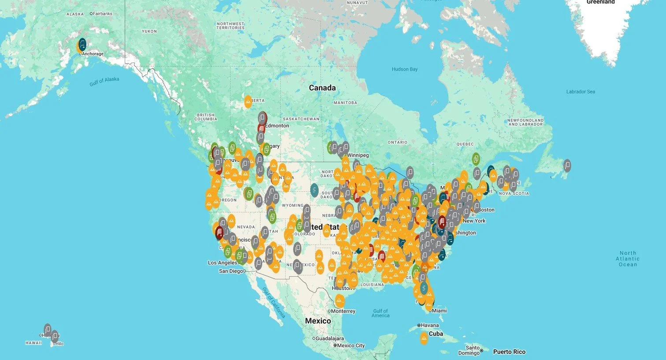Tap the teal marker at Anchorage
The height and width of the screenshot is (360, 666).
[x=82, y=44]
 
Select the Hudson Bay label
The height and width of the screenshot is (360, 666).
[x=405, y=69]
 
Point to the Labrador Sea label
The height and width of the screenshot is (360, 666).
[x=580, y=92]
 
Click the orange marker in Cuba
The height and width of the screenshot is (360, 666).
[x=424, y=338]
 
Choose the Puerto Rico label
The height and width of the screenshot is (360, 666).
[x=509, y=352]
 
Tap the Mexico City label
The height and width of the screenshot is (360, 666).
[x=351, y=345]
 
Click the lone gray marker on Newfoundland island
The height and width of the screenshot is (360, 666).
[x=567, y=165]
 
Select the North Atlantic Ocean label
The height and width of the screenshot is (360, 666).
[x=628, y=259]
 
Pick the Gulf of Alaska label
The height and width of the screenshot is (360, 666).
[x=104, y=82]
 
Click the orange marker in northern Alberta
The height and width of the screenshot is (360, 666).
[x=248, y=102]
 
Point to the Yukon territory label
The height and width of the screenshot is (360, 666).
[x=149, y=31]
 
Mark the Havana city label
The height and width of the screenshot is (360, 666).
[x=430, y=325]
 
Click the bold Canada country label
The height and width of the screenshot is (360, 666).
[x=322, y=88]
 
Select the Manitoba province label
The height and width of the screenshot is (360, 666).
[x=345, y=103]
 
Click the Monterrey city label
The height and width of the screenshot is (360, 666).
[x=343, y=311]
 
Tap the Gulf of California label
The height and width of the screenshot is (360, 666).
[x=274, y=303]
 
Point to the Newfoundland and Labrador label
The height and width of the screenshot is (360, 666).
[x=525, y=122]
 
